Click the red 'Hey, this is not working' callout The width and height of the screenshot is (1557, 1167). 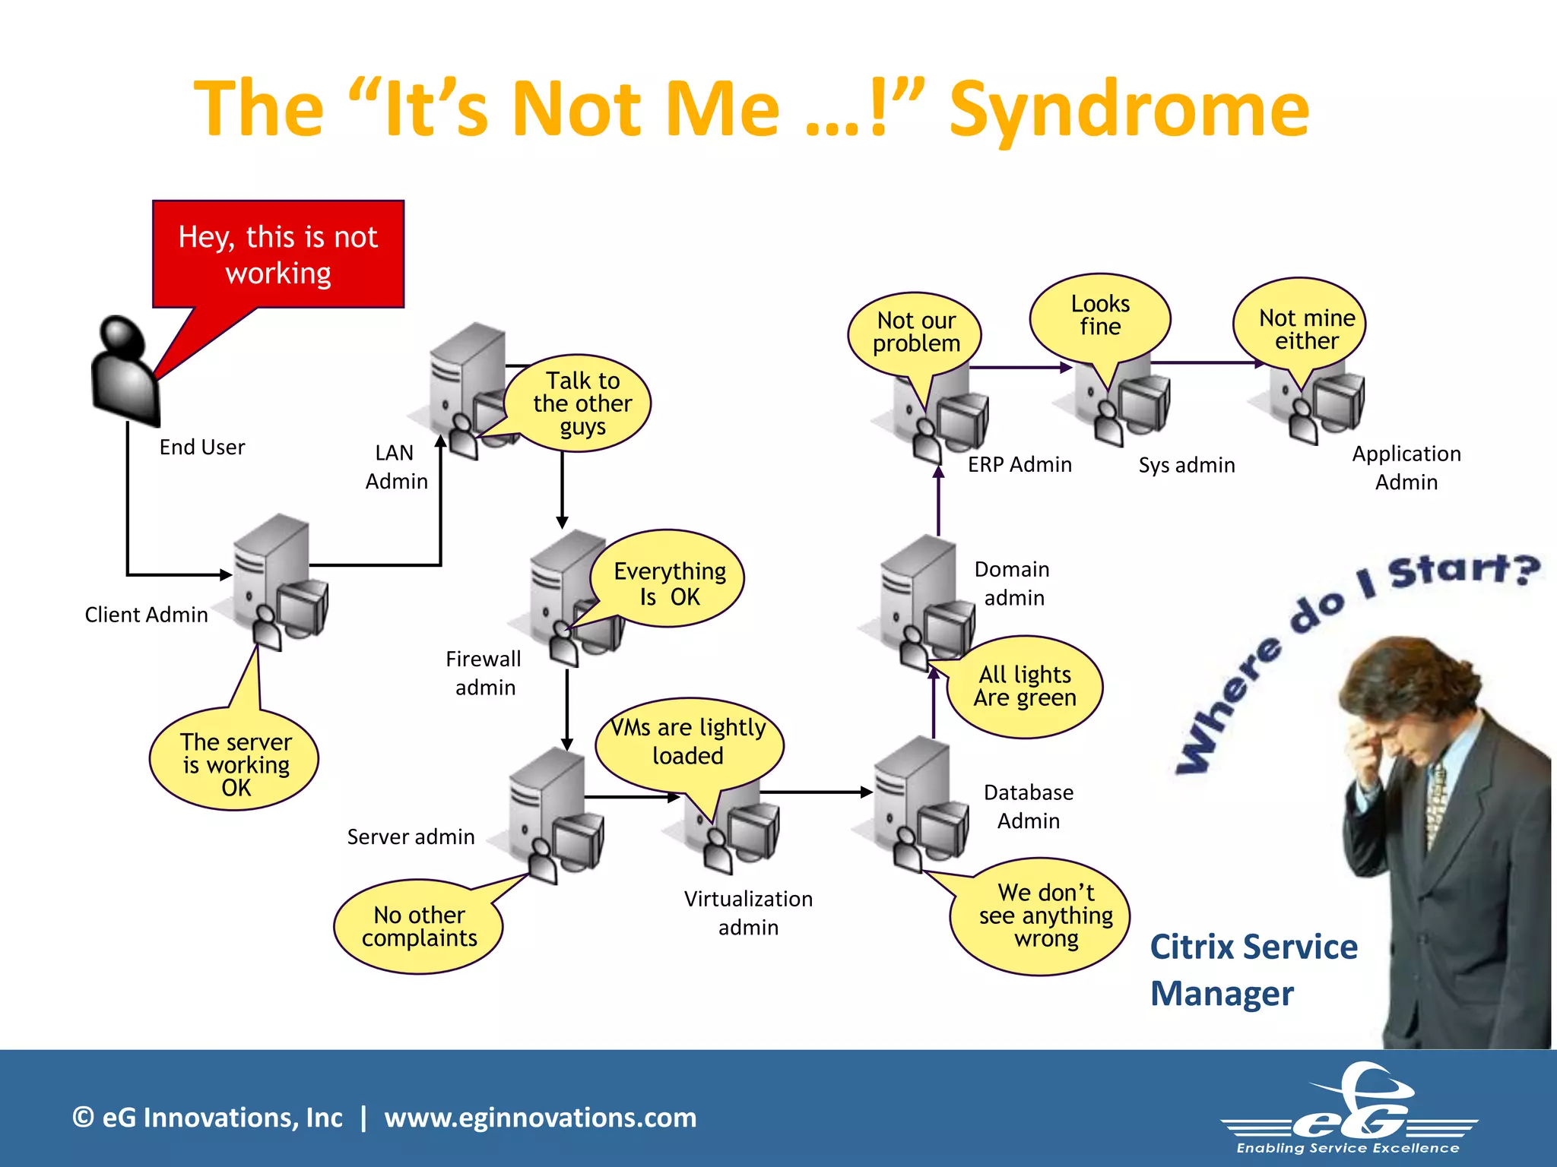pyautogui.click(x=278, y=255)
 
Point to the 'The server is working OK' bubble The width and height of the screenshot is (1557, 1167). pyautogui.click(x=236, y=764)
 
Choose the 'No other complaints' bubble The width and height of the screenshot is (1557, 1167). pyautogui.click(x=419, y=926)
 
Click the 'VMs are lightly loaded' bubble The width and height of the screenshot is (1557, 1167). pyautogui.click(x=689, y=742)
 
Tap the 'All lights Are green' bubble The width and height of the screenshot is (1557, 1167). pyautogui.click(x=1025, y=686)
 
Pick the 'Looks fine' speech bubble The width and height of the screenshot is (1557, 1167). pyautogui.click(x=1100, y=315)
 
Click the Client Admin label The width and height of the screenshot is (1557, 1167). pyautogui.click(x=146, y=615)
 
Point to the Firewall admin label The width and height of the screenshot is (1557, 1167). pyautogui.click(x=484, y=673)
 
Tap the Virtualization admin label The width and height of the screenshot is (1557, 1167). pyautogui.click(x=748, y=912)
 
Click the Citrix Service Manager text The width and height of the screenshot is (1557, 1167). pyautogui.click(x=1253, y=970)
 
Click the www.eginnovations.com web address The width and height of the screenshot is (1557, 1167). pyautogui.click(x=540, y=1118)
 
